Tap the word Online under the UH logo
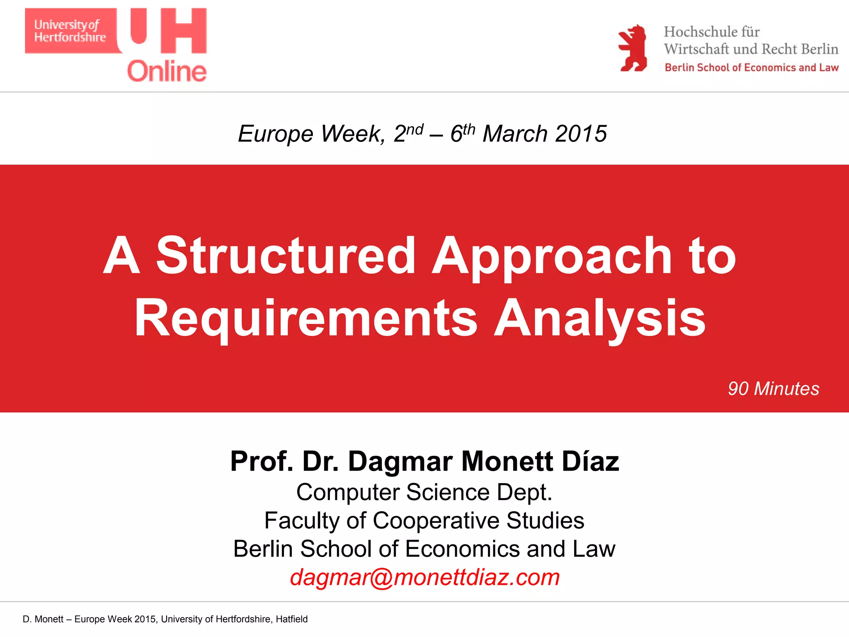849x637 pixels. pyautogui.click(x=167, y=72)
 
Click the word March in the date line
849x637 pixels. pyautogui.click(x=515, y=134)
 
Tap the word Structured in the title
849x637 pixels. pyautogui.click(x=286, y=255)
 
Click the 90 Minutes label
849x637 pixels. pyautogui.click(x=773, y=389)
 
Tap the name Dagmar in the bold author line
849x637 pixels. pyautogui.click(x=400, y=461)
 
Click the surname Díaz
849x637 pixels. pyautogui.click(x=590, y=461)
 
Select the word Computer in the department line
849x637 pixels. pyautogui.click(x=348, y=493)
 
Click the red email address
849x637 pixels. pyautogui.click(x=424, y=577)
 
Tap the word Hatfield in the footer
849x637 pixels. pyautogui.click(x=291, y=619)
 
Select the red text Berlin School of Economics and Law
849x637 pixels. pyautogui.click(x=751, y=68)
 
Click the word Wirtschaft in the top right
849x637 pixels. pyautogui.click(x=696, y=49)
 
